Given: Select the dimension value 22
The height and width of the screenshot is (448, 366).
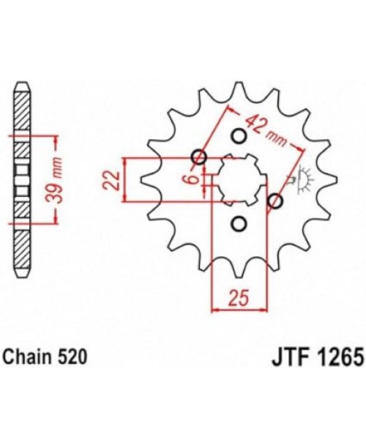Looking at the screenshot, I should click(x=111, y=179).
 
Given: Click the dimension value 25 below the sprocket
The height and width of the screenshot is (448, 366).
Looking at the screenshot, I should click(x=237, y=296).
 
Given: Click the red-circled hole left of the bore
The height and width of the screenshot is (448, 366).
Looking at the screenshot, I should click(x=198, y=157).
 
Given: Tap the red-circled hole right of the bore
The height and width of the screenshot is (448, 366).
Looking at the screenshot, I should click(x=276, y=201).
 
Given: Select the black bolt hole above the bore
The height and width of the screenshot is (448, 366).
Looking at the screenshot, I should click(x=237, y=135).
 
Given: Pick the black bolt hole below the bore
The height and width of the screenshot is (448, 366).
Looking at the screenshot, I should click(x=237, y=223).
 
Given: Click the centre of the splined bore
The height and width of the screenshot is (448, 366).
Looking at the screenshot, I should click(x=237, y=179).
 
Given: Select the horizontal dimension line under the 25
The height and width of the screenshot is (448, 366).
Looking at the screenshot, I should click(x=237, y=310).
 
